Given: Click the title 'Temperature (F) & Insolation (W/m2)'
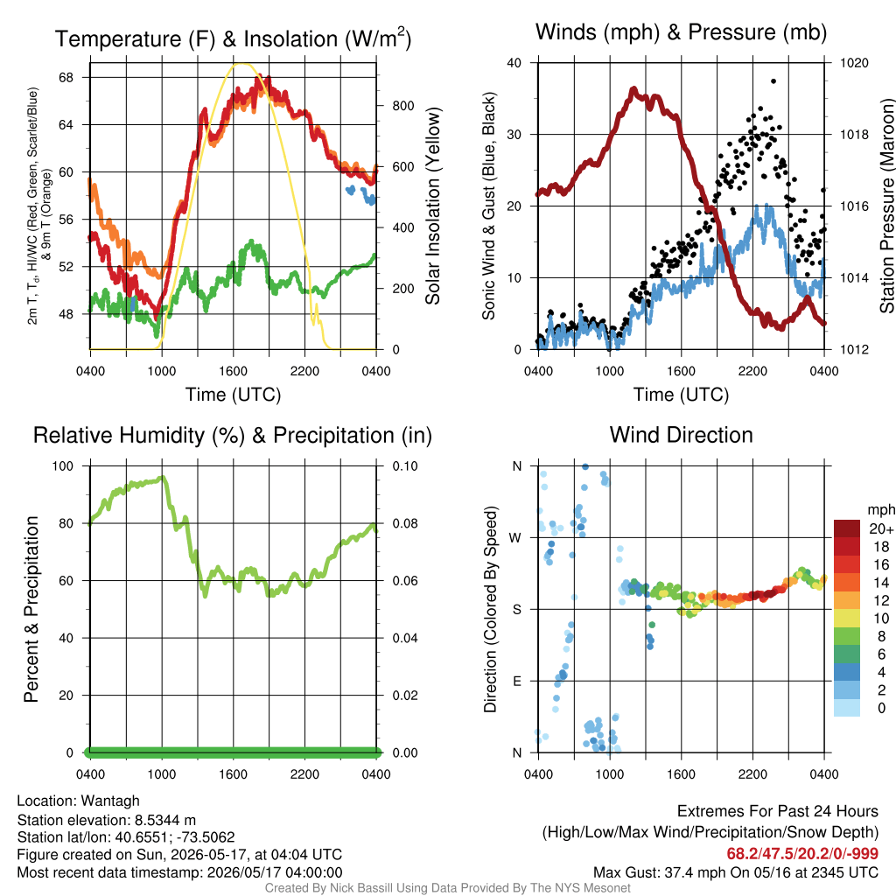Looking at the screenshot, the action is click(x=233, y=38).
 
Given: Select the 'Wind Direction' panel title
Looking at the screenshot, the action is click(x=681, y=435).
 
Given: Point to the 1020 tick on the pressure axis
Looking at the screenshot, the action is click(x=854, y=63).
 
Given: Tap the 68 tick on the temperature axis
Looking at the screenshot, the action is click(x=66, y=77).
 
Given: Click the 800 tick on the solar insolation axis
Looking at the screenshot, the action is click(x=402, y=106).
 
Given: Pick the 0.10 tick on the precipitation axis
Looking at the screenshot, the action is click(x=404, y=466).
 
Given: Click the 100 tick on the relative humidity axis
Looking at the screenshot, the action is click(x=63, y=466).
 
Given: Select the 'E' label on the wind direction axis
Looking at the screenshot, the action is click(x=516, y=681).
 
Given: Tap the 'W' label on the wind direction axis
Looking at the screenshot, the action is click(x=515, y=538).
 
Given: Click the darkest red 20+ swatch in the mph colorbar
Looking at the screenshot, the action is click(x=847, y=528).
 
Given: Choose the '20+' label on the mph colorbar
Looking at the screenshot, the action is click(x=881, y=529).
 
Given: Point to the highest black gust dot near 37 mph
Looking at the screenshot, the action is click(x=773, y=81).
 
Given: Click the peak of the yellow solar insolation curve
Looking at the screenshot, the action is click(x=243, y=64).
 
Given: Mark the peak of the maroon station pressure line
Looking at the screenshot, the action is click(x=633, y=89).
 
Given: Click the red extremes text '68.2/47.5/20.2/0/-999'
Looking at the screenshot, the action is click(x=802, y=854).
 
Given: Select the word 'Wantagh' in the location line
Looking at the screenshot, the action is click(x=110, y=801).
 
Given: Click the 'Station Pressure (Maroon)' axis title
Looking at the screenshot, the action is click(x=886, y=206).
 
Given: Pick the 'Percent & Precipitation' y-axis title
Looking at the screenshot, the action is click(x=31, y=609).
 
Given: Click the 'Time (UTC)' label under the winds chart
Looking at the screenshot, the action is click(x=681, y=395).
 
